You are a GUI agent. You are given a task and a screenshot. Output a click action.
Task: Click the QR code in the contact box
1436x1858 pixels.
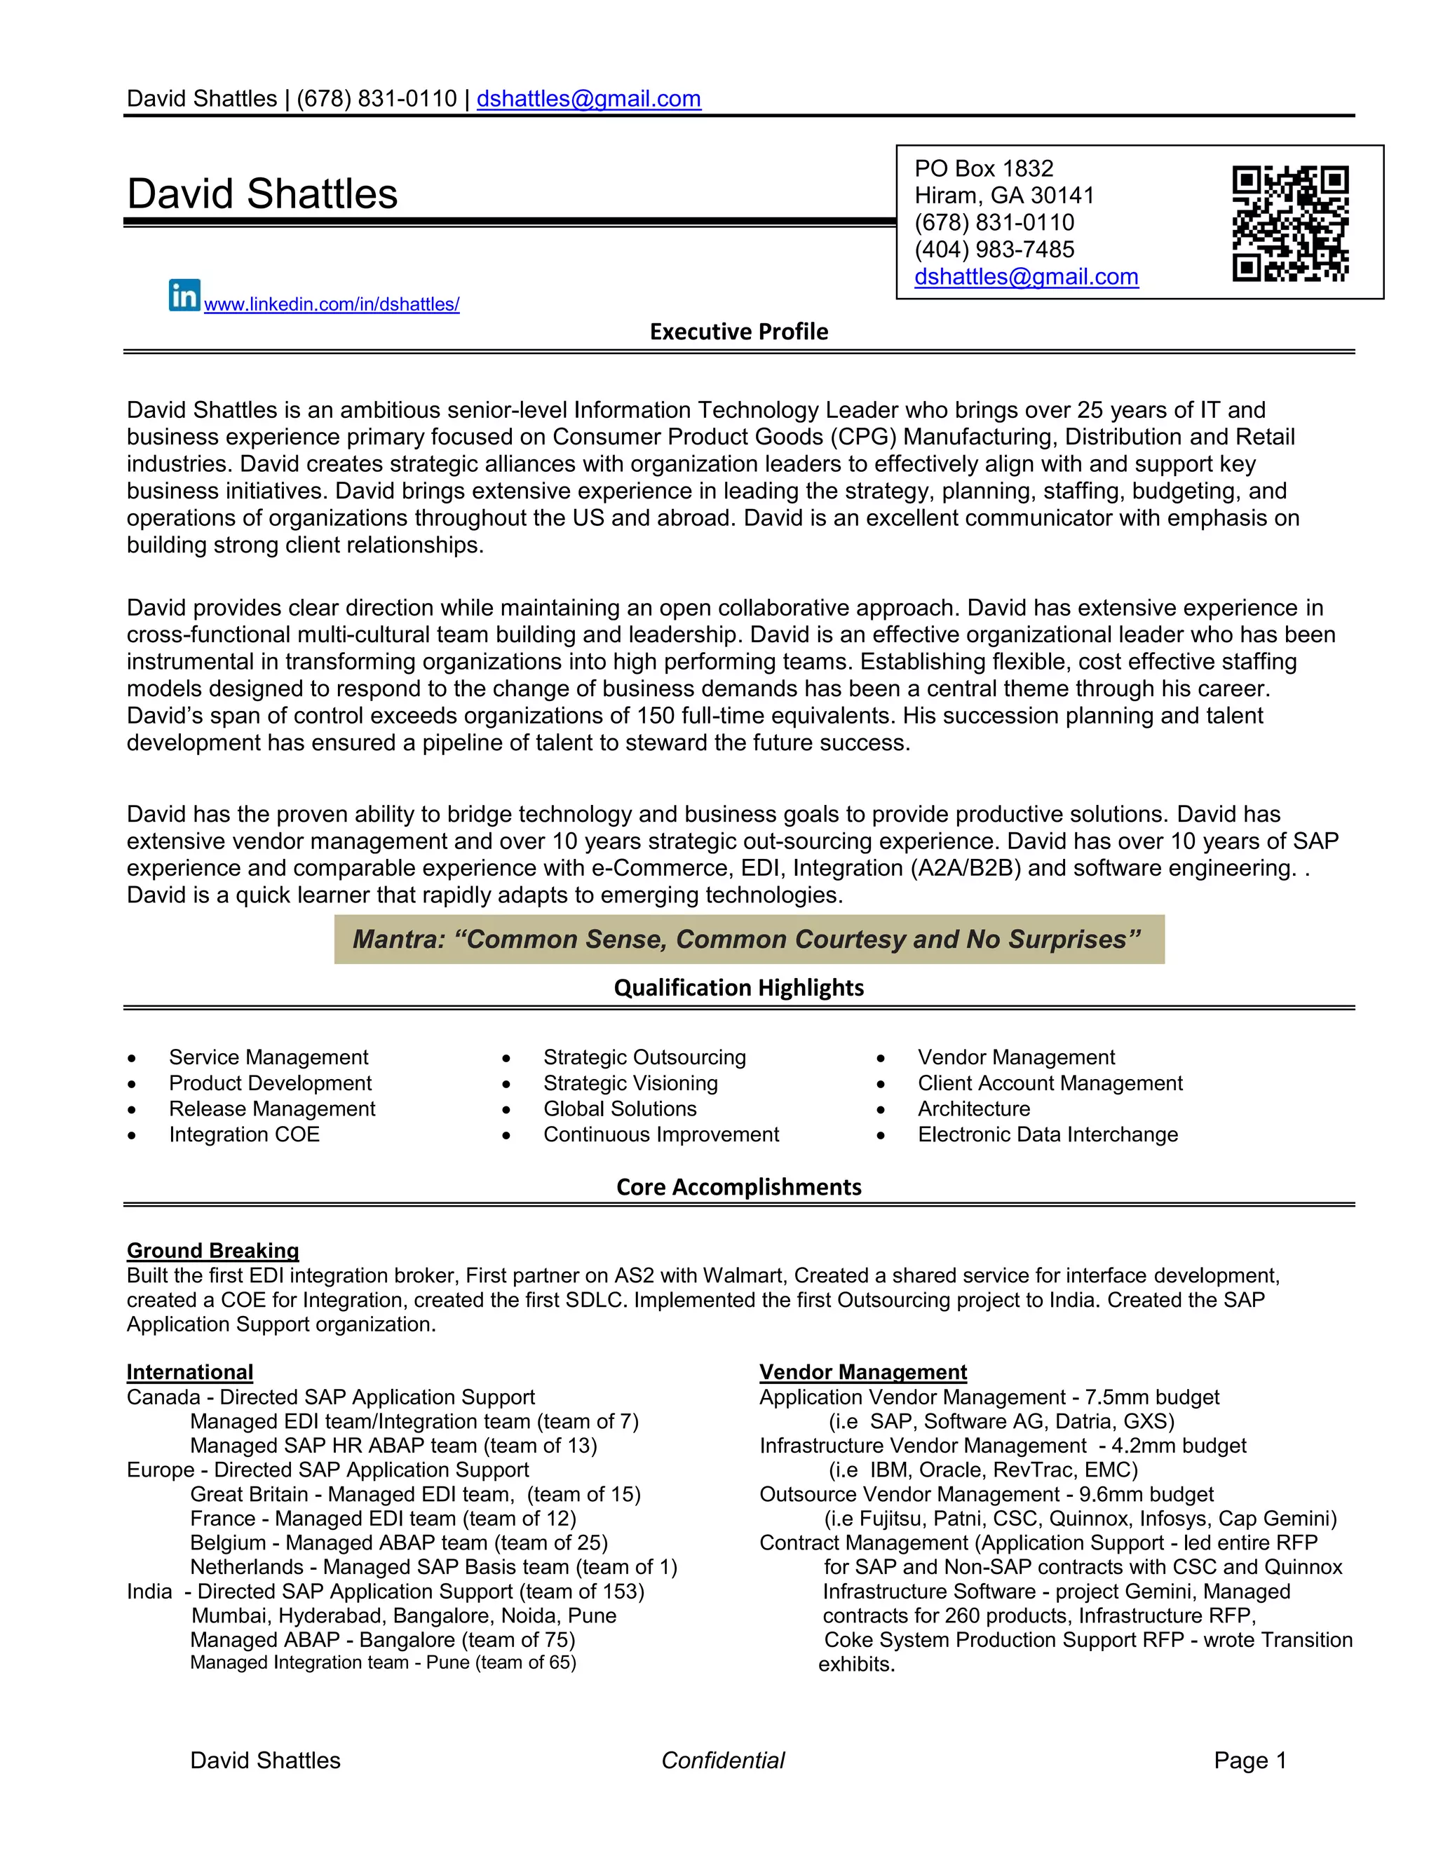pos(1289,223)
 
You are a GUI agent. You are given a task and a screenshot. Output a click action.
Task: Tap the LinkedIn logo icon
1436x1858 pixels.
pos(184,294)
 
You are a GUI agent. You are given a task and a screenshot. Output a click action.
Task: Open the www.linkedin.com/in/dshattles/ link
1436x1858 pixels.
pos(332,304)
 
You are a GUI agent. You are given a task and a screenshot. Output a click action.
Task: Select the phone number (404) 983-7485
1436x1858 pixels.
pos(994,250)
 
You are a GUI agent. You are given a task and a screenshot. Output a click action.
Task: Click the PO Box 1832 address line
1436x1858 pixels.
pos(984,168)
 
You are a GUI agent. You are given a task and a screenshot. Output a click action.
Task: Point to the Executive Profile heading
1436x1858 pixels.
pos(738,332)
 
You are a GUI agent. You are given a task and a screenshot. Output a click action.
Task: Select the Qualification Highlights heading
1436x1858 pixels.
pos(738,988)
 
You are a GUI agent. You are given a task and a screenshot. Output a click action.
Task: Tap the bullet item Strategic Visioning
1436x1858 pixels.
pos(630,1083)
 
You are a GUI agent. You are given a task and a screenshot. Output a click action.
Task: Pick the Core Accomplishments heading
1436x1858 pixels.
pos(738,1187)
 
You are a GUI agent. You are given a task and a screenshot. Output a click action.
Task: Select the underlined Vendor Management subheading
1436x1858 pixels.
pos(862,1372)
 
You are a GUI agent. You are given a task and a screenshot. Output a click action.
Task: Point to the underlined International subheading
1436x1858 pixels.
pos(190,1372)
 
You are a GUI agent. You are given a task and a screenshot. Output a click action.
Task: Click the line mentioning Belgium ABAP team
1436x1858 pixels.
pos(398,1542)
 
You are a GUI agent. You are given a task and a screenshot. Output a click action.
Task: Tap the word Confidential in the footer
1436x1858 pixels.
pos(722,1760)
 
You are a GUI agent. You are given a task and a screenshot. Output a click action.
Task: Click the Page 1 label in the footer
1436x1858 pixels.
pos(1249,1760)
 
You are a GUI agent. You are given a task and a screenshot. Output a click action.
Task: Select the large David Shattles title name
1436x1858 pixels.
pos(262,194)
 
